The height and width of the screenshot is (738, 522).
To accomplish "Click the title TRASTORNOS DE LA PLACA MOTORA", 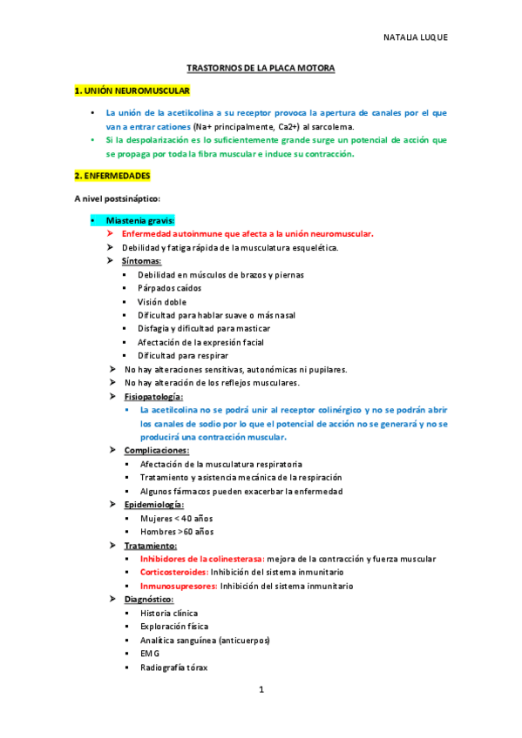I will point(261,67).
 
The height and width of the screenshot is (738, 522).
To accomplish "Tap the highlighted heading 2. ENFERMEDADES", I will point(112,176).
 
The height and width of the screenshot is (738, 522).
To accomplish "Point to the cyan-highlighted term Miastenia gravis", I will point(139,220).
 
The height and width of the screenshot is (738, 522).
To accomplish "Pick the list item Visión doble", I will point(163,301).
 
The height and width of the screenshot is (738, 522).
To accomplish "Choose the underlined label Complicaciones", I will point(156,451).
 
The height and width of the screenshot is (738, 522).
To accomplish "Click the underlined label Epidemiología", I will point(153,505).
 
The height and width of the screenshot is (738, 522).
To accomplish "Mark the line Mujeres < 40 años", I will point(176,519).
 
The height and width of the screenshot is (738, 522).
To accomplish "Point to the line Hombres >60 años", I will point(177,532).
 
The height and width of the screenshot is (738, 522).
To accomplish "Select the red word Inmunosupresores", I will point(178,587).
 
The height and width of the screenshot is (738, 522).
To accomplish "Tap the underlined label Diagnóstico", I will point(149,600).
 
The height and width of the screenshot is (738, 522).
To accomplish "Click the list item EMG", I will point(151,654).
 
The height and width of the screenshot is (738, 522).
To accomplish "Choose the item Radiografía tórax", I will point(174,668).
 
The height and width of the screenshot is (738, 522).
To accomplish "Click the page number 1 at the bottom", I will point(261,690).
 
